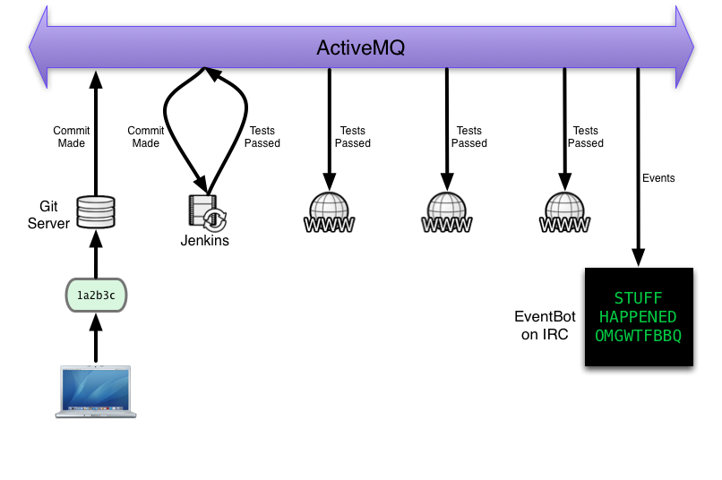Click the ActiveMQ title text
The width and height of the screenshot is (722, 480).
pyautogui.click(x=360, y=47)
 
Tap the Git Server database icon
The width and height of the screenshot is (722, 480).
pyautogui.click(x=95, y=212)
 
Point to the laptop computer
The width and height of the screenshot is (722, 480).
pyautogui.click(x=95, y=390)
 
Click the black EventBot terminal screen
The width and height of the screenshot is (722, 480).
pyautogui.click(x=639, y=317)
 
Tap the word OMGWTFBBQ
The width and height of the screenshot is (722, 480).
pyautogui.click(x=639, y=336)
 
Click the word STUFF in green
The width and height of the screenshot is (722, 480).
pyautogui.click(x=638, y=298)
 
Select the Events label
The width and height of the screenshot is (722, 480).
pyautogui.click(x=658, y=178)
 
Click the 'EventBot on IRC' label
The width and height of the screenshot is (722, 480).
pyautogui.click(x=541, y=325)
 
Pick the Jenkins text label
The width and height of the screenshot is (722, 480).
pyautogui.click(x=205, y=240)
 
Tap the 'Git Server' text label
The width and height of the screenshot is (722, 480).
pyautogui.click(x=48, y=215)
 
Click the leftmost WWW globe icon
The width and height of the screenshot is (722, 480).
pyautogui.click(x=330, y=213)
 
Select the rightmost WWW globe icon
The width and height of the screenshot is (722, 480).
pyautogui.click(x=563, y=213)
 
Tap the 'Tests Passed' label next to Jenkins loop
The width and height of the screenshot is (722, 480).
pyautogui.click(x=263, y=137)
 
